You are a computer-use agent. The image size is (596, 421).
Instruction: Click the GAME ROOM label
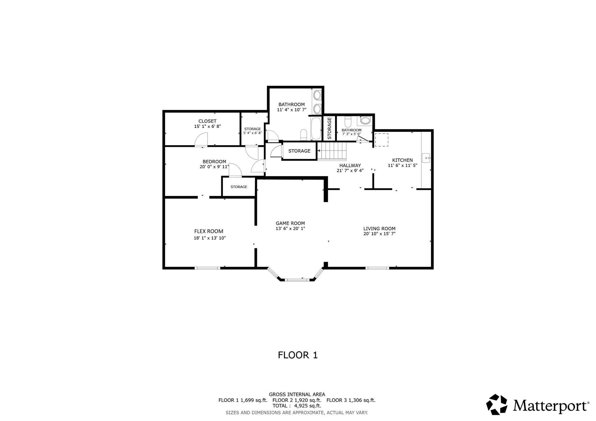pyautogui.click(x=290, y=223)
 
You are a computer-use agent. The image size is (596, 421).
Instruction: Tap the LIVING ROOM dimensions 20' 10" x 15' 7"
pyautogui.click(x=379, y=234)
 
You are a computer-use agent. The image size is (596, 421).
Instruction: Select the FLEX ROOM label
pyautogui.click(x=209, y=231)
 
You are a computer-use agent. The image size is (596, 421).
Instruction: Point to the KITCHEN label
pyautogui.click(x=402, y=160)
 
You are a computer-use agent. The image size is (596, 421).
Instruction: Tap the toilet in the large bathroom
pyautogui.click(x=304, y=135)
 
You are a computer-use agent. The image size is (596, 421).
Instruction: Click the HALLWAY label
pyautogui.click(x=350, y=165)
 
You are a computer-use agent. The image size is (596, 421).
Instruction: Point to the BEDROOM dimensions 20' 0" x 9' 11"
pyautogui.click(x=214, y=167)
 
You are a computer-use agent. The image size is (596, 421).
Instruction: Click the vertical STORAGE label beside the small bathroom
pyautogui.click(x=329, y=128)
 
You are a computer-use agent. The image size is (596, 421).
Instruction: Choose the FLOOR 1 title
pyautogui.click(x=298, y=355)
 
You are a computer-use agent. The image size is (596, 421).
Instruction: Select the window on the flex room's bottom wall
pyautogui.click(x=207, y=268)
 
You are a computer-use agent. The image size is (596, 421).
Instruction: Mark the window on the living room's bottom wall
pyautogui.click(x=377, y=268)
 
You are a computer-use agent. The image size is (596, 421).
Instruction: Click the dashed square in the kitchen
pyautogui.click(x=381, y=140)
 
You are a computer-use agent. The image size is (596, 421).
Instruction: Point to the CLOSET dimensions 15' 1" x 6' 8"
pyautogui.click(x=207, y=126)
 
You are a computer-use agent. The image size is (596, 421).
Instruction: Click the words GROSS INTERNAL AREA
pyautogui.click(x=297, y=395)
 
